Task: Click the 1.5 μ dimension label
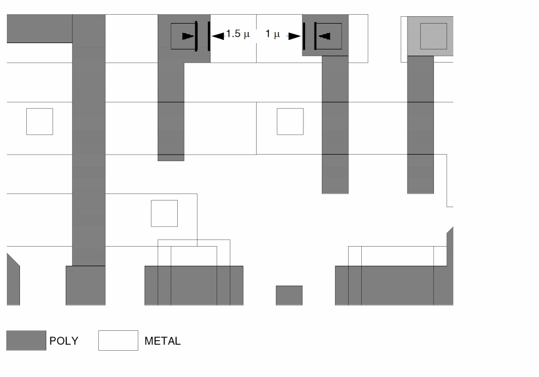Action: [237, 35]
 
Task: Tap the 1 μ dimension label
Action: [272, 35]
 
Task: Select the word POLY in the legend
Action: [64, 341]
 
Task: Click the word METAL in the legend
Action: [162, 341]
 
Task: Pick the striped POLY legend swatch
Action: [26, 340]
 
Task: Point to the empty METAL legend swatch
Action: [118, 340]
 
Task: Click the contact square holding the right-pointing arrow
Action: [184, 36]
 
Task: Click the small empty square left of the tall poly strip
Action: [39, 121]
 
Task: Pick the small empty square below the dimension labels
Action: [290, 121]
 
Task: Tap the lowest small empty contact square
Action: [164, 213]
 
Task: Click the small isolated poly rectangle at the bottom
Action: [289, 295]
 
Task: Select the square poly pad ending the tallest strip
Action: [85, 285]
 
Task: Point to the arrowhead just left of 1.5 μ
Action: [217, 36]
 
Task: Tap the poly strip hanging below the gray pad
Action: [420, 124]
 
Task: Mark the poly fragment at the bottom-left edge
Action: [13, 281]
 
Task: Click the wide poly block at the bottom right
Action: [394, 285]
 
